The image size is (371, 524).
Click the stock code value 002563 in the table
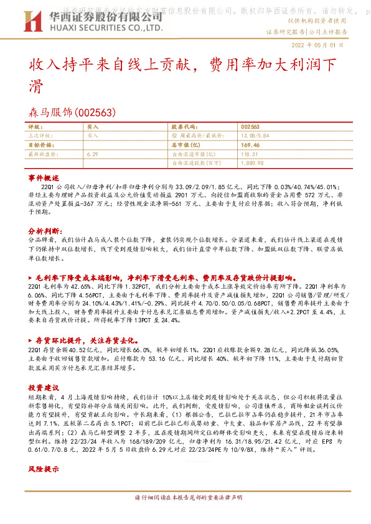[x=250, y=126]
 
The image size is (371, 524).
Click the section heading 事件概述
[x=43, y=178]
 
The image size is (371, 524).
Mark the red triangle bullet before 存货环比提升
[x=31, y=341]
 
